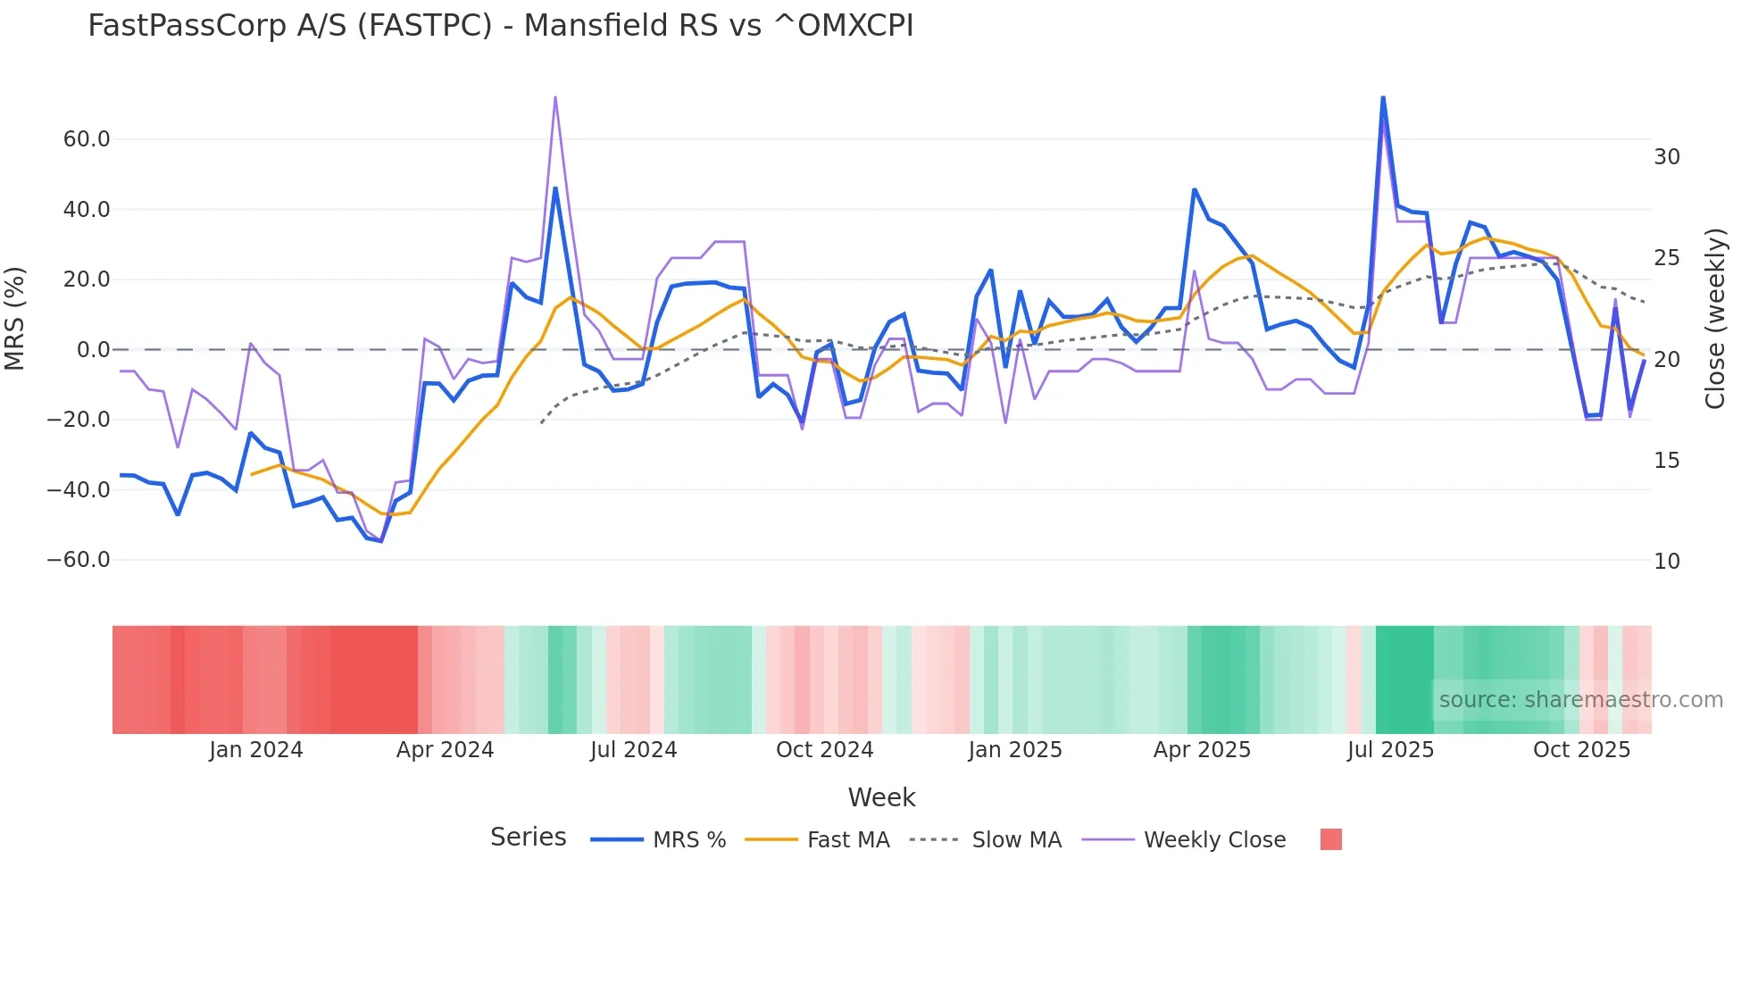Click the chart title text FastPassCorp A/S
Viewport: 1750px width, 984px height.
click(x=500, y=26)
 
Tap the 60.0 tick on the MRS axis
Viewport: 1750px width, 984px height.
click(x=87, y=139)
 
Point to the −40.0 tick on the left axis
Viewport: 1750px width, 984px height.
click(x=79, y=490)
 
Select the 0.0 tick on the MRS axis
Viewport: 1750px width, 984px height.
click(x=93, y=350)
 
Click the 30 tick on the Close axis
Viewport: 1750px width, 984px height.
click(x=1666, y=157)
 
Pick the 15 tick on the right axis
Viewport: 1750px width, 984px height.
click(x=1666, y=461)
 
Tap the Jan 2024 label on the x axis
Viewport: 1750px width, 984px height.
click(x=256, y=750)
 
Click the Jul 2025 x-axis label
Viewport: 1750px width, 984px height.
click(x=1390, y=750)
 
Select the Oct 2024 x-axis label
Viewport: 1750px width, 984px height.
click(x=824, y=750)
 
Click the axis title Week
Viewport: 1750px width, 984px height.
click(x=881, y=797)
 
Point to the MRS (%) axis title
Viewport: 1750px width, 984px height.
click(x=15, y=319)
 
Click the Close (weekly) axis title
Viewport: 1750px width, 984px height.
click(x=1714, y=319)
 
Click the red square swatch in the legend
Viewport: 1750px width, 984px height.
click(x=1330, y=839)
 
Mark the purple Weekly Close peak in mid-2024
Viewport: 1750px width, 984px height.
click(x=555, y=97)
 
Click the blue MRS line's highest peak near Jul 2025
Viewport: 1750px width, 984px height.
click(x=1383, y=97)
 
